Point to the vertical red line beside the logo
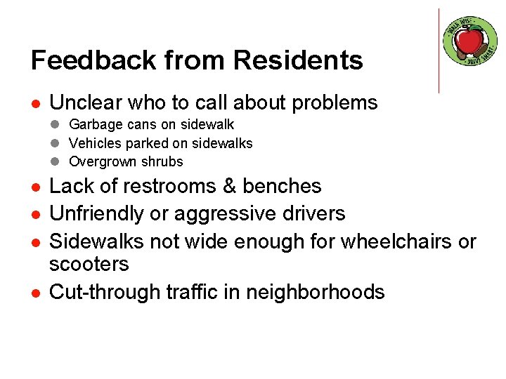pos(439,51)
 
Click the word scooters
pos(89,264)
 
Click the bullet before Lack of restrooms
pos(35,187)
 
